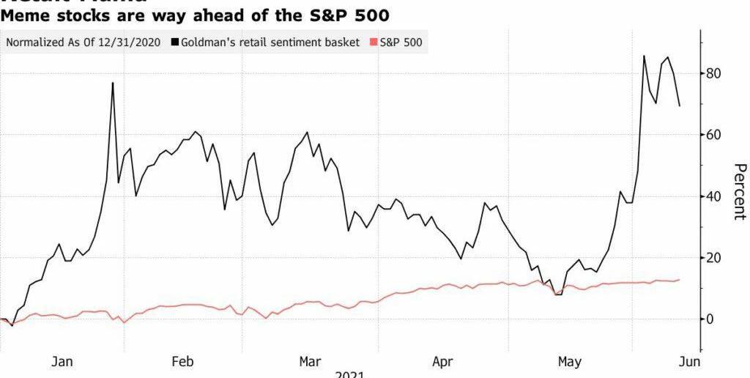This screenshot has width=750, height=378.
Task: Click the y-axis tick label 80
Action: click(716, 73)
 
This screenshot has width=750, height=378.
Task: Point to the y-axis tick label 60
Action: click(716, 135)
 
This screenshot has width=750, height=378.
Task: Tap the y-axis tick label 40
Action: click(716, 196)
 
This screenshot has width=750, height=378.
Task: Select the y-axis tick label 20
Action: click(716, 258)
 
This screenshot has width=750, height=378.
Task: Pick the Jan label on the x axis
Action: click(62, 361)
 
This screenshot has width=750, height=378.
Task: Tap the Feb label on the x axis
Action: click(182, 361)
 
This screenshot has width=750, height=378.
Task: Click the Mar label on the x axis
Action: click(311, 361)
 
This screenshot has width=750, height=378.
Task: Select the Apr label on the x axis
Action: click(442, 361)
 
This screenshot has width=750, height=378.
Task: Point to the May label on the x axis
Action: click(569, 361)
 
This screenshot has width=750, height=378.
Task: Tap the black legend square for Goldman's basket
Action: click(174, 42)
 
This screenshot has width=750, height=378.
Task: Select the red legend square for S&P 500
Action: click(374, 42)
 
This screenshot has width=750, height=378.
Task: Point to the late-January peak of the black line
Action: click(113, 83)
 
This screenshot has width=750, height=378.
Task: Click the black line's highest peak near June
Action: click(645, 56)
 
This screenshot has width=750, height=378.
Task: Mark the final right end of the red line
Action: click(680, 280)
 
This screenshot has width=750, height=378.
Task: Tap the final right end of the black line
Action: click(680, 106)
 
